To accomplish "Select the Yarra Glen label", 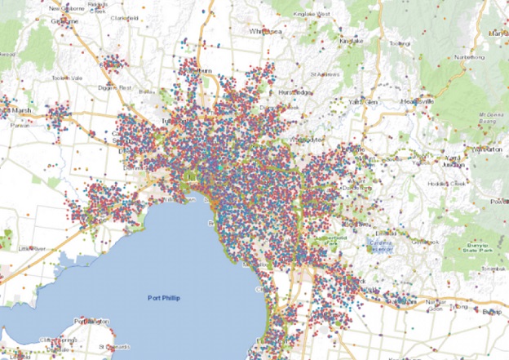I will pyautogui.click(x=363, y=101).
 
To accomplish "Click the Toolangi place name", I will pyautogui.click(x=399, y=43).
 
